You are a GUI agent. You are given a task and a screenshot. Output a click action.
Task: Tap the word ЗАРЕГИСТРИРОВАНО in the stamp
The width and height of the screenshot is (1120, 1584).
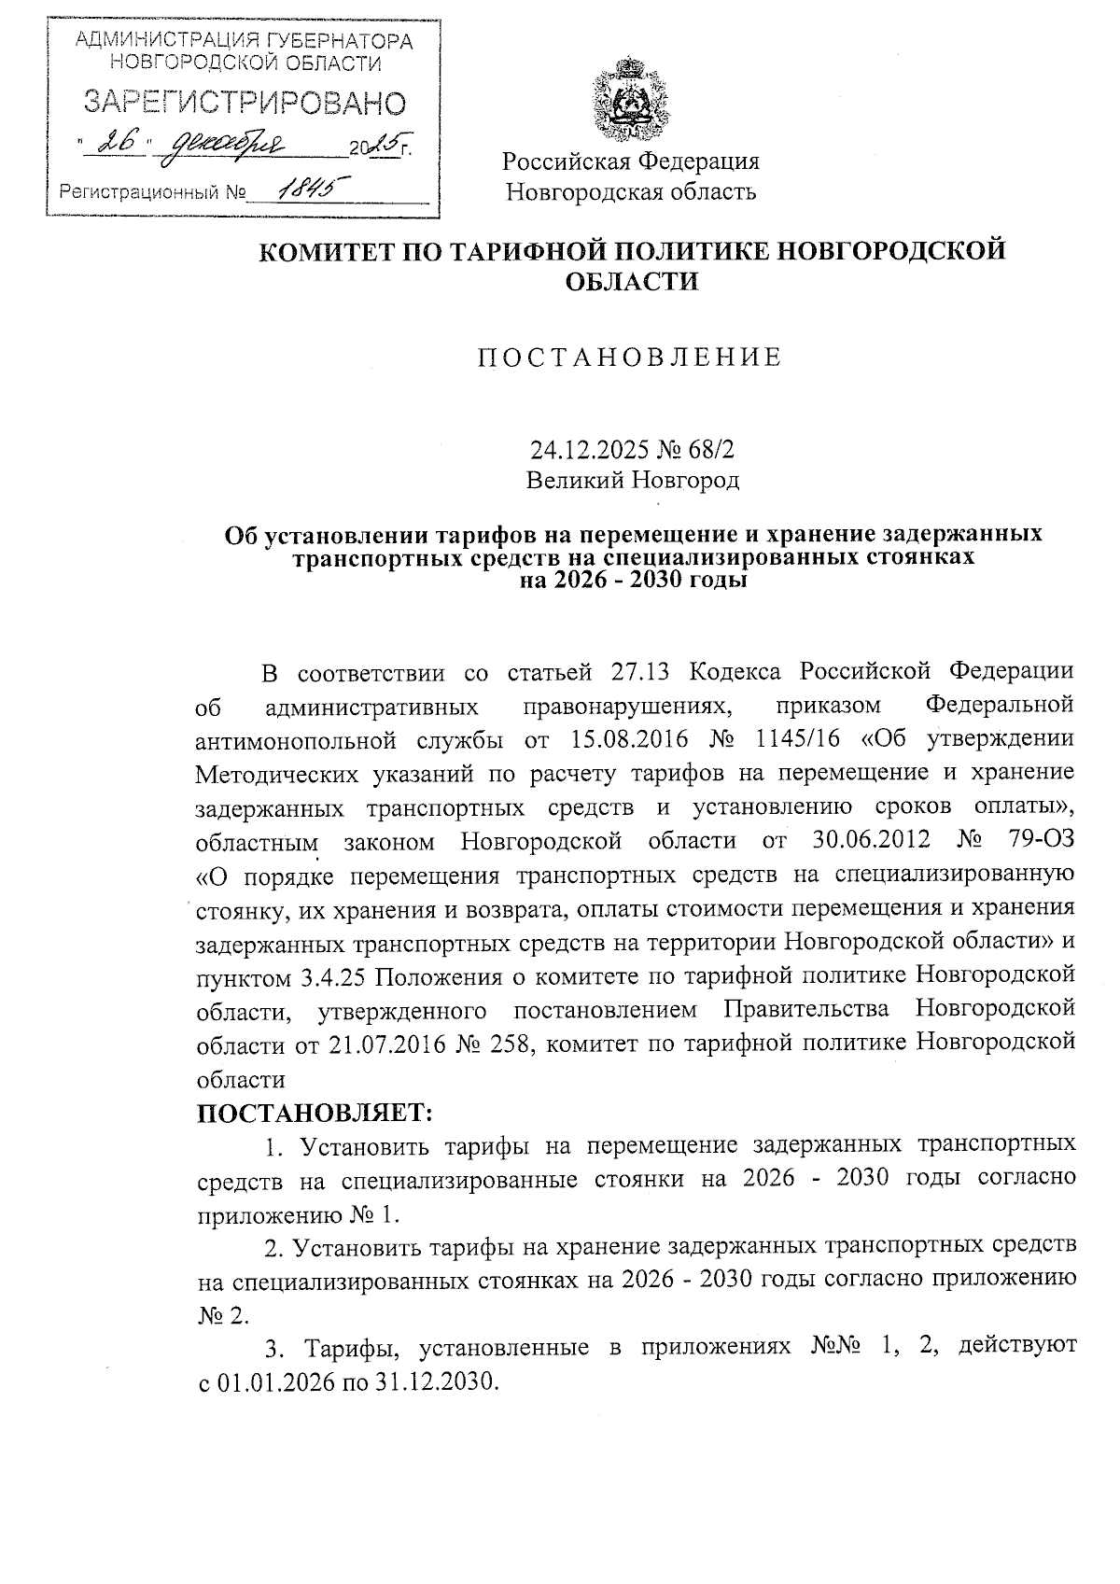245,103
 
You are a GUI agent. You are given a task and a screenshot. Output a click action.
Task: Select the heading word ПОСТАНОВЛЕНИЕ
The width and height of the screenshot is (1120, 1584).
630,357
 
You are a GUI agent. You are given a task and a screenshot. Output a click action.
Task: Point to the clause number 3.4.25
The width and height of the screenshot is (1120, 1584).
335,976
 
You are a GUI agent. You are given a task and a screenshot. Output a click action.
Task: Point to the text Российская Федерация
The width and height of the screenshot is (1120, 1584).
631,161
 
